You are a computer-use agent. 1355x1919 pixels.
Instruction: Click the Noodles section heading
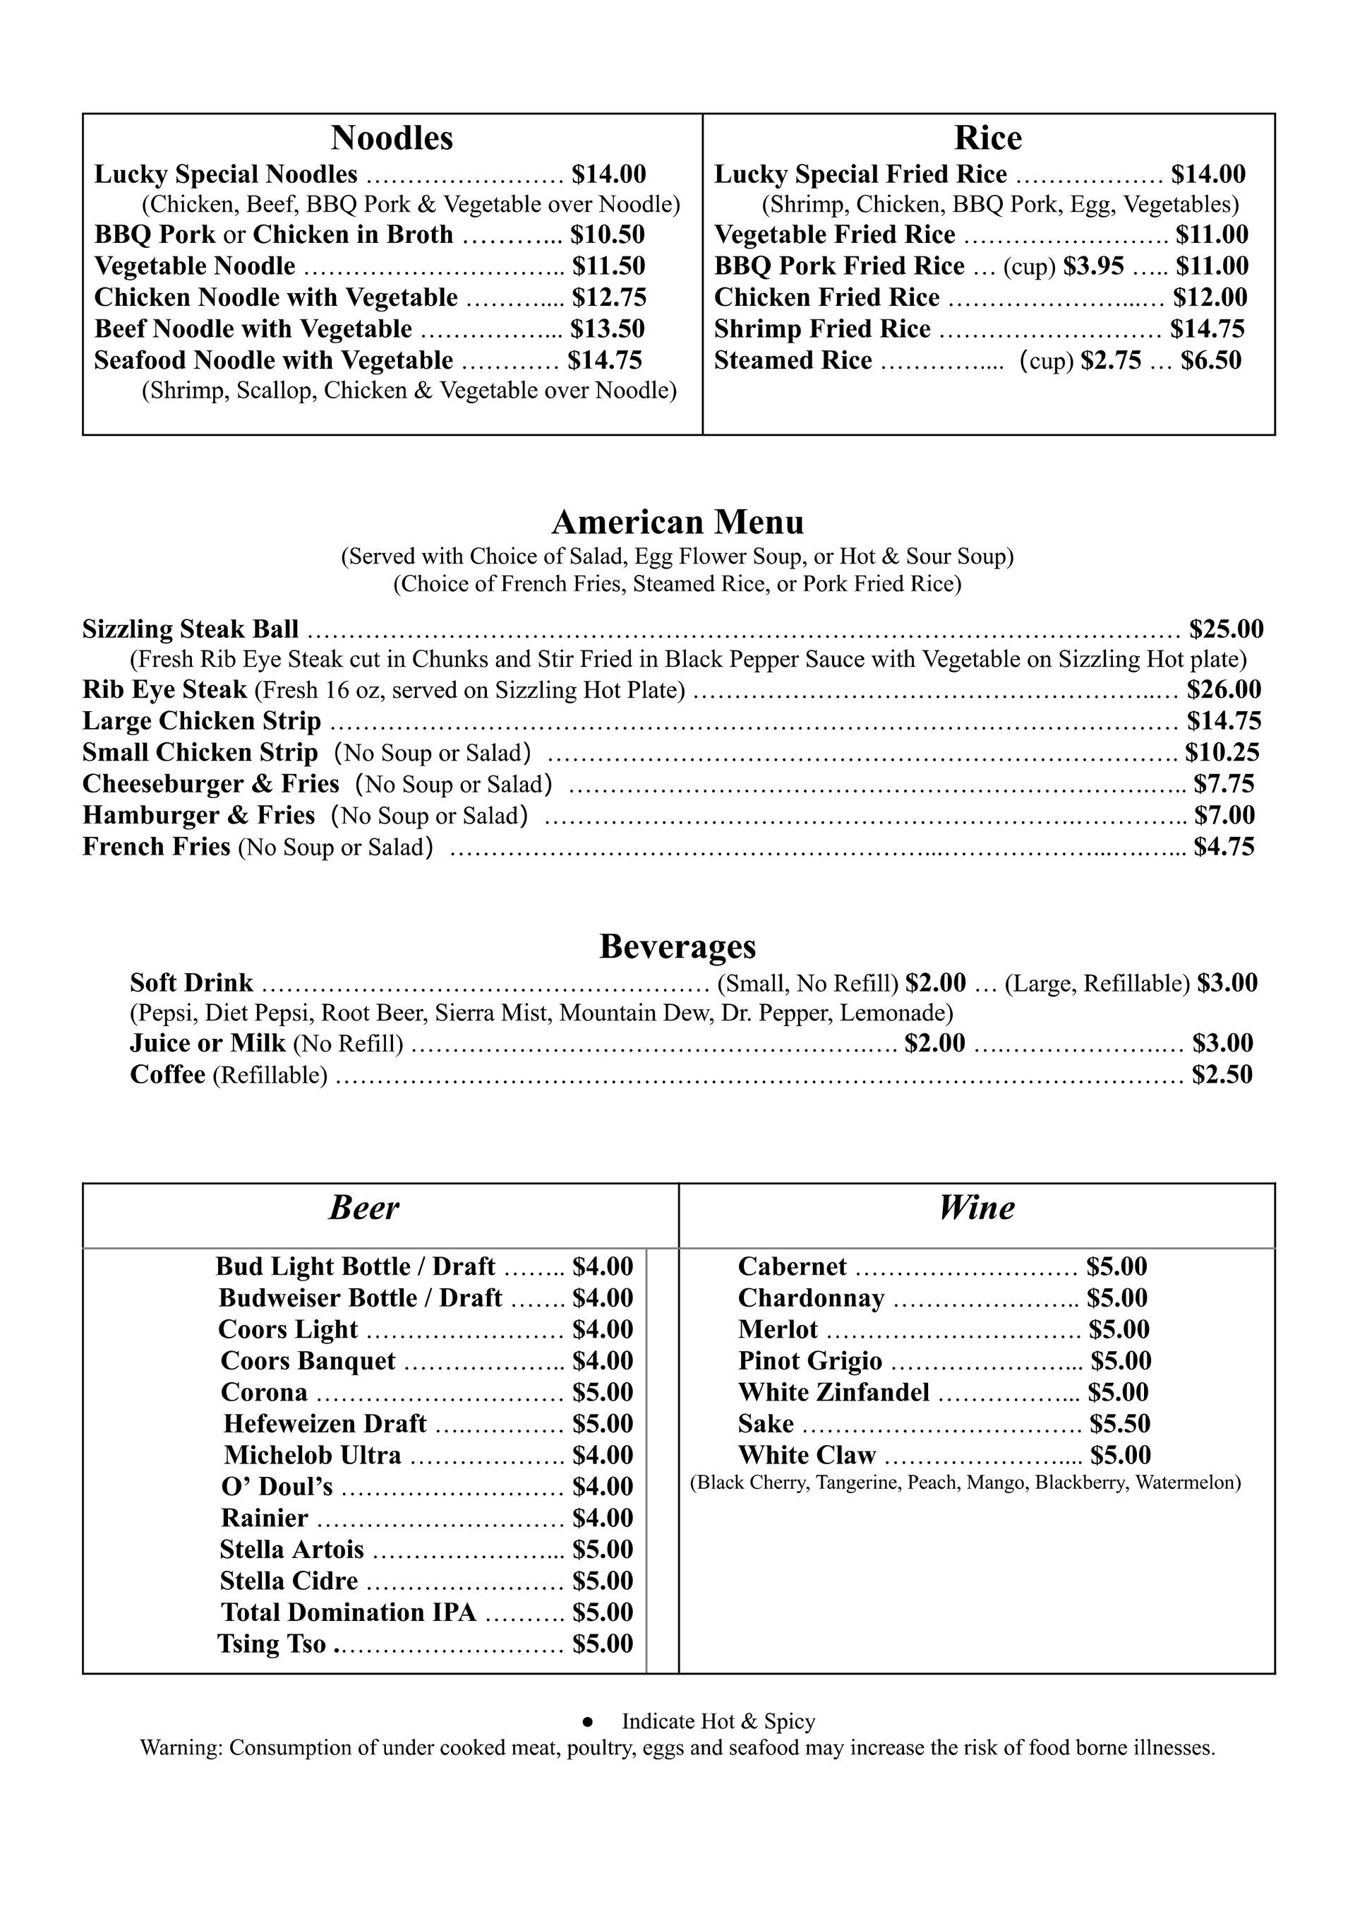[x=392, y=138]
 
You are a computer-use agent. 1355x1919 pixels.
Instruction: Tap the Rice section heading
[x=988, y=138]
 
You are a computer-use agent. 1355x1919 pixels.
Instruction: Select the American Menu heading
[x=677, y=523]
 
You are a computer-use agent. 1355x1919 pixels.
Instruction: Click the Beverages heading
[x=677, y=946]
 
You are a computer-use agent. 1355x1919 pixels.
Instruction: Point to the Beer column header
[x=364, y=1208]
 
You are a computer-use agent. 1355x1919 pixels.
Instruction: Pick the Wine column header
[x=977, y=1208]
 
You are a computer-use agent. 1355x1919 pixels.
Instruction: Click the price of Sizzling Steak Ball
[x=1227, y=629]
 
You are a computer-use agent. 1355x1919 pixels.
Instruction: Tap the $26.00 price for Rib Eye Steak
[x=1224, y=690]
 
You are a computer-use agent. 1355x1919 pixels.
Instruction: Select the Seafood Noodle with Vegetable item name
[x=273, y=360]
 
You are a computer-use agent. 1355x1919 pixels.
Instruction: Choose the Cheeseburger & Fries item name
[x=210, y=784]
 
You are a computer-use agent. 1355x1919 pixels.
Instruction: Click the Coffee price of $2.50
[x=1222, y=1075]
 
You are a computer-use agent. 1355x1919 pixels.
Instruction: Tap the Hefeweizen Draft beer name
[x=325, y=1423]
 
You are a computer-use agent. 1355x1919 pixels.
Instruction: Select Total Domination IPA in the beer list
[x=349, y=1612]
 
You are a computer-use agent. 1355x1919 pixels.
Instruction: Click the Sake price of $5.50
[x=1119, y=1423]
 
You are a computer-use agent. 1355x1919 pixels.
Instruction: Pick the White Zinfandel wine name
[x=833, y=1392]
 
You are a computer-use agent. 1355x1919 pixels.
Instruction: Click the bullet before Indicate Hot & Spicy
[x=587, y=1722]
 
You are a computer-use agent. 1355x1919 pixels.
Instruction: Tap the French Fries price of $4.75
[x=1224, y=848]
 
